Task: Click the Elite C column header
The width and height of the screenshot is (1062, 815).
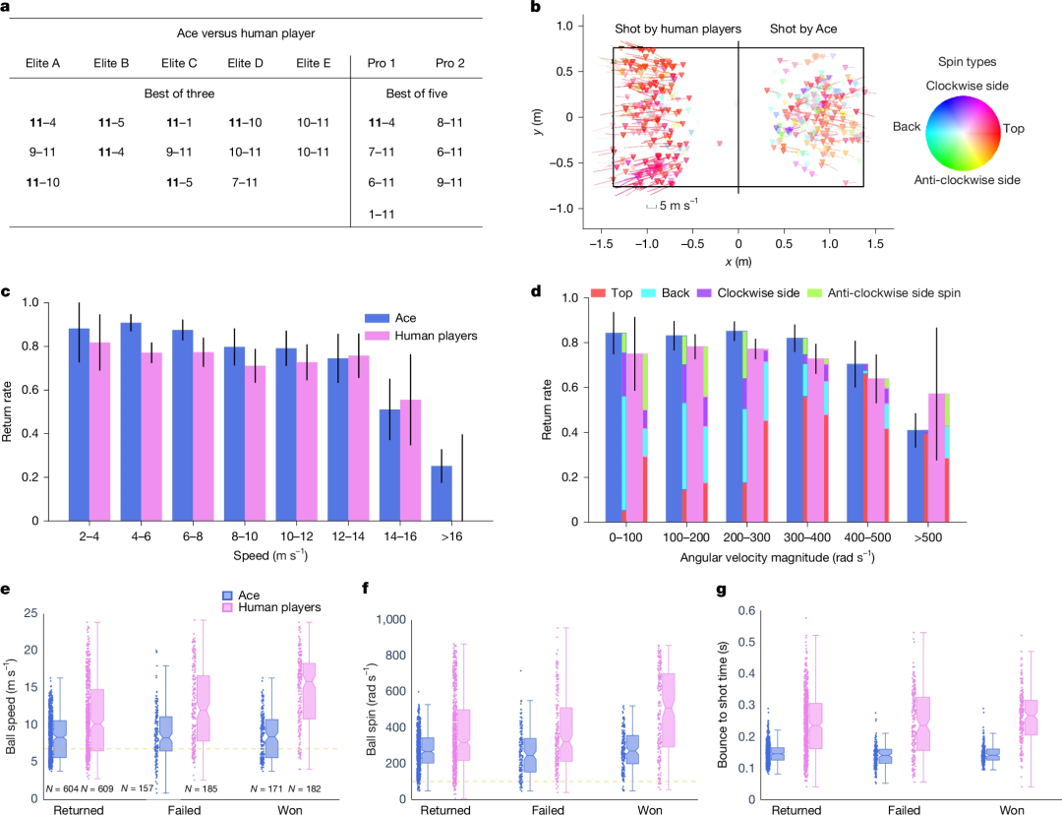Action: point(179,63)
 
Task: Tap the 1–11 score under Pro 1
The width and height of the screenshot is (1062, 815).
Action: point(381,214)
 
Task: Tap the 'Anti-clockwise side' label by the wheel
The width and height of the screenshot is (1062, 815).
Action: point(968,180)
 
